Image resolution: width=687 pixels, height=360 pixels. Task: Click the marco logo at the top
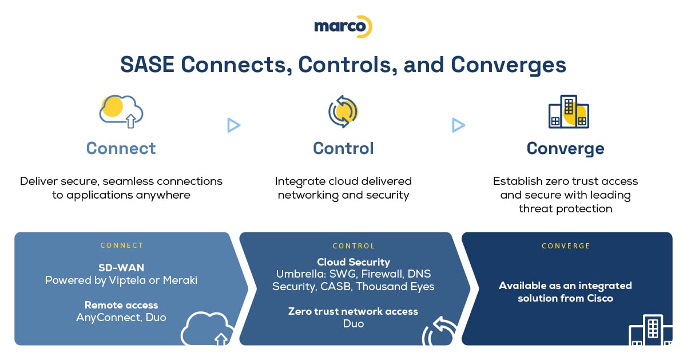click(343, 27)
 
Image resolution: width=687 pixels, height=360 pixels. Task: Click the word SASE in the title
click(147, 65)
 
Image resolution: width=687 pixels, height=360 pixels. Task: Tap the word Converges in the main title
click(509, 65)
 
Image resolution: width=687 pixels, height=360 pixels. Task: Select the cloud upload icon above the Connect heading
click(121, 112)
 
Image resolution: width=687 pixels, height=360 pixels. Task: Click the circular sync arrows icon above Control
click(343, 112)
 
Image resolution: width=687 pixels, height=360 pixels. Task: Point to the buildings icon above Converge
click(569, 112)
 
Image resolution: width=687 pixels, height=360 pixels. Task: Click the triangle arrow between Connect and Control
click(233, 125)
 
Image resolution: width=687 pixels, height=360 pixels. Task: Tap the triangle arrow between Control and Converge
click(458, 125)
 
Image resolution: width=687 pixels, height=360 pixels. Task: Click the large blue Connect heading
click(121, 149)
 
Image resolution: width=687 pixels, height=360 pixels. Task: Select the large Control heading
click(343, 149)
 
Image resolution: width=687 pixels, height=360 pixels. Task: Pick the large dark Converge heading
click(566, 149)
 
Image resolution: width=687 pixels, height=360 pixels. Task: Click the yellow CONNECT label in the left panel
click(122, 246)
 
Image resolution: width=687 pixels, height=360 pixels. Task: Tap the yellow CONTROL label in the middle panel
click(354, 246)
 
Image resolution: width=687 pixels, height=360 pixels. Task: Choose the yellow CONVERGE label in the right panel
click(566, 246)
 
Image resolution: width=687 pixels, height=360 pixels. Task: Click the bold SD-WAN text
click(121, 268)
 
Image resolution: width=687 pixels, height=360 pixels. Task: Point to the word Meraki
click(180, 280)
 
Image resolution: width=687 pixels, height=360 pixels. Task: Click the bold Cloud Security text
click(354, 262)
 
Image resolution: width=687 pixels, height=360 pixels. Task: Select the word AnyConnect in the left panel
click(109, 317)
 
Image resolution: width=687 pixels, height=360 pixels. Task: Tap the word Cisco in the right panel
click(600, 298)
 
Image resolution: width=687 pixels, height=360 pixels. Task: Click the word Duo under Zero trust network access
click(354, 324)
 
